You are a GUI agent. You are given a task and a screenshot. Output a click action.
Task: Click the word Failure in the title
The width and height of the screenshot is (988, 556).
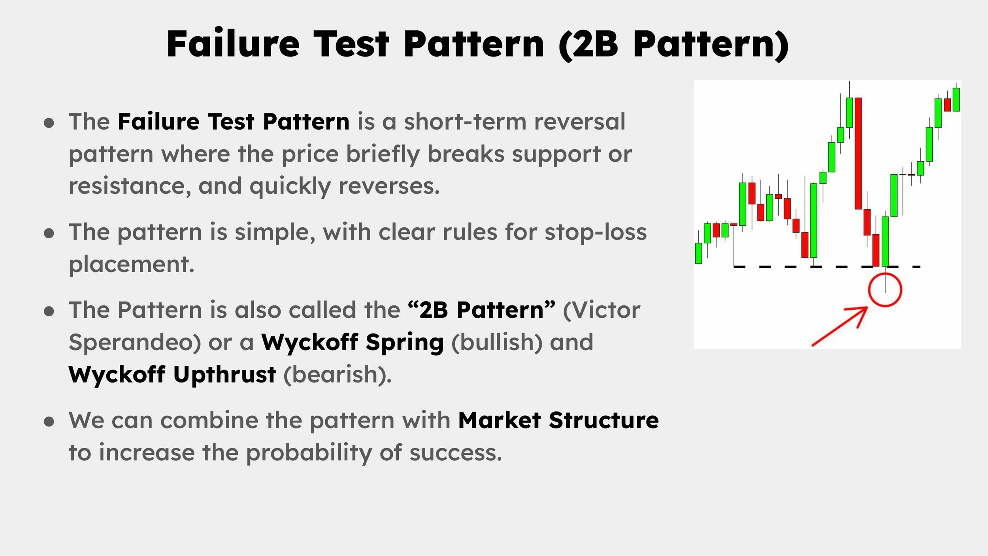coord(233,44)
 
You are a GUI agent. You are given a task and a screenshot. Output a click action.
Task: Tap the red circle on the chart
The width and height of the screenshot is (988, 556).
coord(885,290)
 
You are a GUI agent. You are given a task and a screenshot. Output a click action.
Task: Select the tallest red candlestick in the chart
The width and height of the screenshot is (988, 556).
coord(858,153)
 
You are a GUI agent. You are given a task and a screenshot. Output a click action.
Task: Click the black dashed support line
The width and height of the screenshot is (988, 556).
coord(790,267)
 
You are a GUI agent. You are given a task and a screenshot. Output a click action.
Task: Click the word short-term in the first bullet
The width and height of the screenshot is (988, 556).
coord(465,121)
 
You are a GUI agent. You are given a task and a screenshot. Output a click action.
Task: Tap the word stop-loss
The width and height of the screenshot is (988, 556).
coord(596,232)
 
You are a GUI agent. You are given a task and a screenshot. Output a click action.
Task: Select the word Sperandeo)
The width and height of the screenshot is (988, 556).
coord(134,342)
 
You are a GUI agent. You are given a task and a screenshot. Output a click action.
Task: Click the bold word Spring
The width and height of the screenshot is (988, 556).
coord(404,342)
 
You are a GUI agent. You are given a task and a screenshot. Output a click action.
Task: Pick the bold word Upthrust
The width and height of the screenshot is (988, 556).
coord(224,374)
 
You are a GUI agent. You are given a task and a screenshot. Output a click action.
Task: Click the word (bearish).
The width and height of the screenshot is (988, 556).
coord(338,374)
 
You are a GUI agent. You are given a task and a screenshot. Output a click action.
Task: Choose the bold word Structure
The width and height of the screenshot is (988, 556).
coord(603,420)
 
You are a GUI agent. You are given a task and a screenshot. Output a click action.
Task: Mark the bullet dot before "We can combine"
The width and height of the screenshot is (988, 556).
coord(49,422)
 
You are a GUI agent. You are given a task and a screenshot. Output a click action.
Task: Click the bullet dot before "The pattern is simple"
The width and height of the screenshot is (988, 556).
coord(49,233)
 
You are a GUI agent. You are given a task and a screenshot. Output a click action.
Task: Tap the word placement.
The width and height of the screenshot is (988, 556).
coord(132,264)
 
